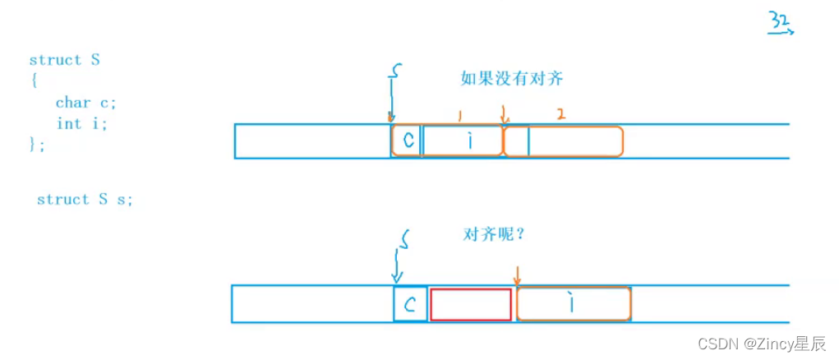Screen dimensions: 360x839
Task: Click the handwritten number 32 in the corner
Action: pyautogui.click(x=780, y=22)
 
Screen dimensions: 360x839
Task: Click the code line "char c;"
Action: pyautogui.click(x=85, y=103)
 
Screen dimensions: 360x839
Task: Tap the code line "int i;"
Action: pyautogui.click(x=81, y=123)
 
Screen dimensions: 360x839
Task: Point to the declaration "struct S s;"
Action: pyautogui.click(x=85, y=200)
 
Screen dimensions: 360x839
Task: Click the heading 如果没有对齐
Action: pyautogui.click(x=511, y=80)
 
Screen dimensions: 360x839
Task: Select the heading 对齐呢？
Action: pyautogui.click(x=494, y=233)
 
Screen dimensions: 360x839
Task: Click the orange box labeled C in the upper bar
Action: pyautogui.click(x=406, y=141)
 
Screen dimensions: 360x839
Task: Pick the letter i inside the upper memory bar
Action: pyautogui.click(x=468, y=141)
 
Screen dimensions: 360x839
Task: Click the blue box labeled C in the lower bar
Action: pyautogui.click(x=411, y=305)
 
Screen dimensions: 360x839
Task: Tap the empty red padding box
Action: pyautogui.click(x=471, y=305)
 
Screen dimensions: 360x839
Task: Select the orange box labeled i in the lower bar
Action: pyautogui.click(x=574, y=304)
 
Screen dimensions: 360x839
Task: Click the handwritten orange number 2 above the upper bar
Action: pyautogui.click(x=560, y=115)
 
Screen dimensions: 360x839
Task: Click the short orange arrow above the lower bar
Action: pyautogui.click(x=516, y=275)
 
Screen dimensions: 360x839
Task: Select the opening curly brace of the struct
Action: pyautogui.click(x=34, y=81)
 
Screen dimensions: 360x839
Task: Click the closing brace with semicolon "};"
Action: pyautogui.click(x=37, y=144)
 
